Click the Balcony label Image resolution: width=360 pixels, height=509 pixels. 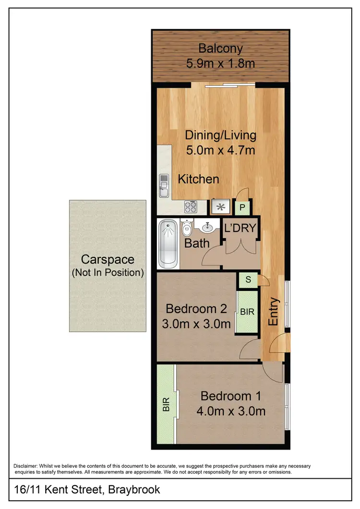[220, 48]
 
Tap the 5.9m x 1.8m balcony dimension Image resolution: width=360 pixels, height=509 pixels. [220, 63]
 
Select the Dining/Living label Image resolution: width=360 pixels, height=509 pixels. [221, 135]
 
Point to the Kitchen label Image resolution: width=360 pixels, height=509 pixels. [199, 179]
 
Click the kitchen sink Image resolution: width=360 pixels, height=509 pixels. [164, 185]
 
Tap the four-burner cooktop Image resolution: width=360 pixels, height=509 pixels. [191, 207]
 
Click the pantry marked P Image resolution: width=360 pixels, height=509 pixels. [242, 207]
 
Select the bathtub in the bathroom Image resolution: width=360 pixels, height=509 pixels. [168, 243]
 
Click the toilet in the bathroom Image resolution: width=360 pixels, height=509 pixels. [187, 228]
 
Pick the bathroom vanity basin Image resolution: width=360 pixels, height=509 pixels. [207, 226]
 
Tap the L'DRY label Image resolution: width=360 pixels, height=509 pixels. [240, 229]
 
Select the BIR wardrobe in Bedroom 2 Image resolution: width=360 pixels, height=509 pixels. [247, 312]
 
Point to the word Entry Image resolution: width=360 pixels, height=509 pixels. [274, 312]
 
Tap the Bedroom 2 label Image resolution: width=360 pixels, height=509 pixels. [196, 308]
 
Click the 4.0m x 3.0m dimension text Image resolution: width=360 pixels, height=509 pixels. [231, 411]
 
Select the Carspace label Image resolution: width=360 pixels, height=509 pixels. [108, 260]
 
